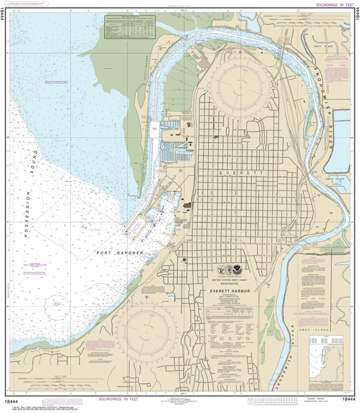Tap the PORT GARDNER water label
(x=119, y=253)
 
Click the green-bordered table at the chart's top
(x=130, y=26)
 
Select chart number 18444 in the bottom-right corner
(x=347, y=400)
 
